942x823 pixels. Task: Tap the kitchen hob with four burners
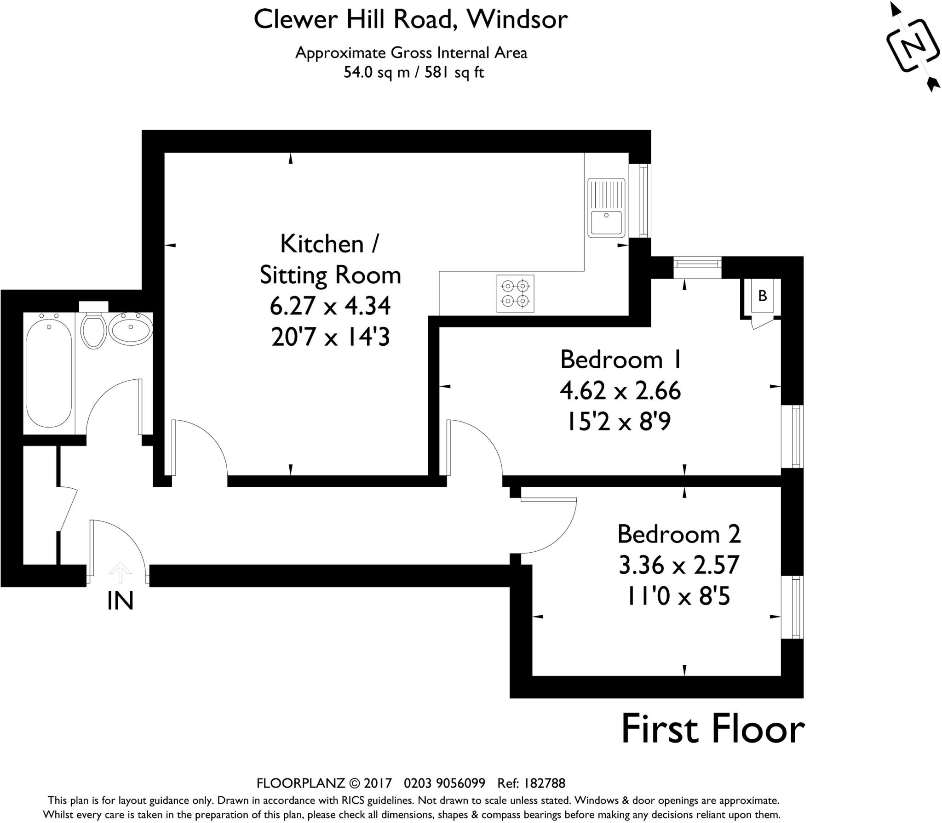[x=515, y=293]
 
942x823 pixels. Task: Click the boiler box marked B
[x=762, y=296]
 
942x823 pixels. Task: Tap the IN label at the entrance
[x=121, y=601]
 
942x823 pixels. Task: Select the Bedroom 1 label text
[x=620, y=359]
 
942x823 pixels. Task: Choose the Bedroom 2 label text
[x=679, y=534]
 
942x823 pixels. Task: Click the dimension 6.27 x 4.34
[x=330, y=306]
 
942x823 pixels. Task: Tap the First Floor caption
[x=712, y=730]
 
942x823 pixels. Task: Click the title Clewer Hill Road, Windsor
[x=410, y=19]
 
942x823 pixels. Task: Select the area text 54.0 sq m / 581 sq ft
[x=414, y=73]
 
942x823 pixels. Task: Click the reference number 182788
[x=544, y=783]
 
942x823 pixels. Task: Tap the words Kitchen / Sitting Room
[x=330, y=260]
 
